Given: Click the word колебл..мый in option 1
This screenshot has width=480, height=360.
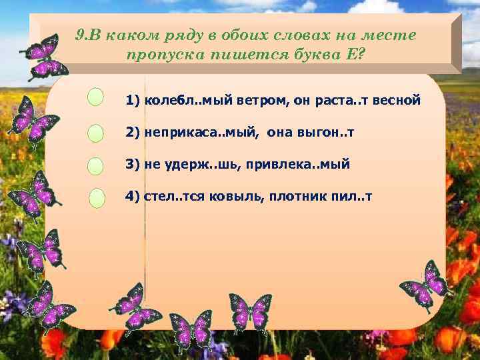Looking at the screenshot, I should click(178, 101).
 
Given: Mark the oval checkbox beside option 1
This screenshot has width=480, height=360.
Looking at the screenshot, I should click(96, 97).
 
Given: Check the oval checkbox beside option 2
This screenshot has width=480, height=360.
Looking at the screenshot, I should click(96, 133).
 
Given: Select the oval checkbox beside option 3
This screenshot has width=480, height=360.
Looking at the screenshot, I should click(96, 166).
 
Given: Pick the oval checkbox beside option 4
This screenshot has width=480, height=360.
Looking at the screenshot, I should click(97, 199).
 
